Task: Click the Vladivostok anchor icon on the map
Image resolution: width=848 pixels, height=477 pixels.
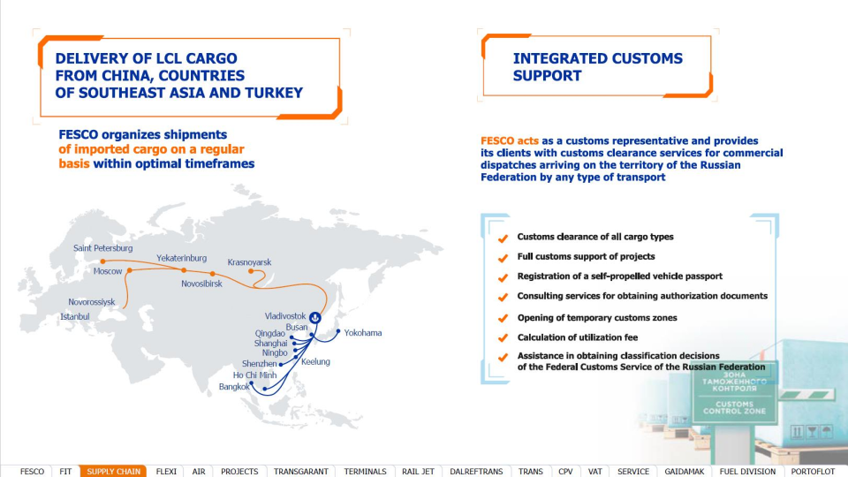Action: [x=315, y=317]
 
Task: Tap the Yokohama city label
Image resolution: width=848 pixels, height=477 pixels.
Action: [x=363, y=333]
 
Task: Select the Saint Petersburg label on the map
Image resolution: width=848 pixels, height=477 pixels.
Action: [x=102, y=248]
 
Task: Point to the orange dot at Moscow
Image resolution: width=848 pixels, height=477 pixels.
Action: [x=130, y=270]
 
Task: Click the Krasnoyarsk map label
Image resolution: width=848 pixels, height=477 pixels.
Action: [x=249, y=262]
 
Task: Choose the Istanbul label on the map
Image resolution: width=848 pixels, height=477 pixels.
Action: [x=74, y=317]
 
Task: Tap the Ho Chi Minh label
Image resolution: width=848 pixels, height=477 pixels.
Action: [x=254, y=375]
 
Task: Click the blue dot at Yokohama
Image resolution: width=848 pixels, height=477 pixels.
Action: [x=338, y=331]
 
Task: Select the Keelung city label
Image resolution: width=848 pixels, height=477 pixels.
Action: [x=315, y=362]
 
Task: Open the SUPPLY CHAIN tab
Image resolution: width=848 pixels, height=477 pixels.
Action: [x=114, y=472]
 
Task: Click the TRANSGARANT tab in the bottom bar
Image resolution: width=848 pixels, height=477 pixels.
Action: [x=300, y=472]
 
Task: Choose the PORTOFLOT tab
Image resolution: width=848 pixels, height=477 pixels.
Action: [x=813, y=472]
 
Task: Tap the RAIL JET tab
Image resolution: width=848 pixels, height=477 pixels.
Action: [x=418, y=472]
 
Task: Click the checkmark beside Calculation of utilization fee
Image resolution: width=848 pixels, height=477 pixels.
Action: [x=503, y=338]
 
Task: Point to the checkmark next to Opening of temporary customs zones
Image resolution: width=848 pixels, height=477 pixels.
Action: [x=503, y=318]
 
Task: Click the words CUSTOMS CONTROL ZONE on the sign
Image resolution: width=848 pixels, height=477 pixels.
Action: [x=734, y=407]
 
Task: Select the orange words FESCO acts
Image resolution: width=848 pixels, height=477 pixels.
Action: [x=510, y=140]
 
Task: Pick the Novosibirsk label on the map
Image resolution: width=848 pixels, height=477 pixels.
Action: [x=201, y=284]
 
